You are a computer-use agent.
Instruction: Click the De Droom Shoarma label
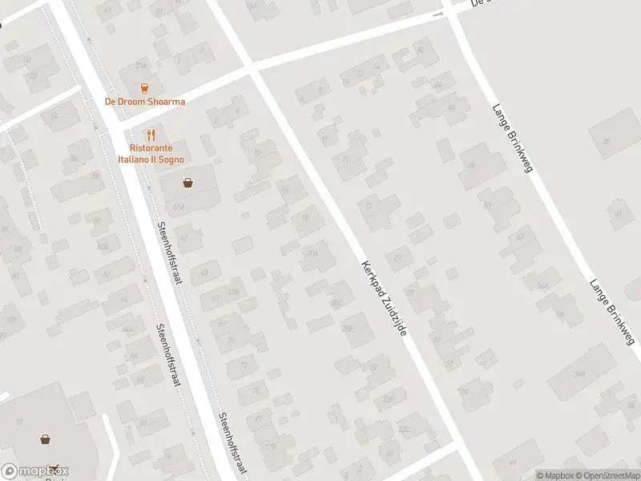(x=145, y=102)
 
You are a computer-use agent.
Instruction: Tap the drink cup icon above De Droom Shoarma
(x=145, y=88)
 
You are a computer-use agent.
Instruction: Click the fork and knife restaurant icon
(x=151, y=135)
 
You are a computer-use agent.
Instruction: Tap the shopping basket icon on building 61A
(x=188, y=183)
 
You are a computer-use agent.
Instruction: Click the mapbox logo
(x=35, y=471)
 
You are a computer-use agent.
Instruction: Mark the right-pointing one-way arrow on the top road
(x=437, y=14)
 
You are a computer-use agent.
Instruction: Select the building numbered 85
(x=606, y=142)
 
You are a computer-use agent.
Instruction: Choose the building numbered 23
(x=369, y=205)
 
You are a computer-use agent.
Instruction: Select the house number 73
(x=242, y=366)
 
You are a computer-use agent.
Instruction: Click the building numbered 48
(x=472, y=166)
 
